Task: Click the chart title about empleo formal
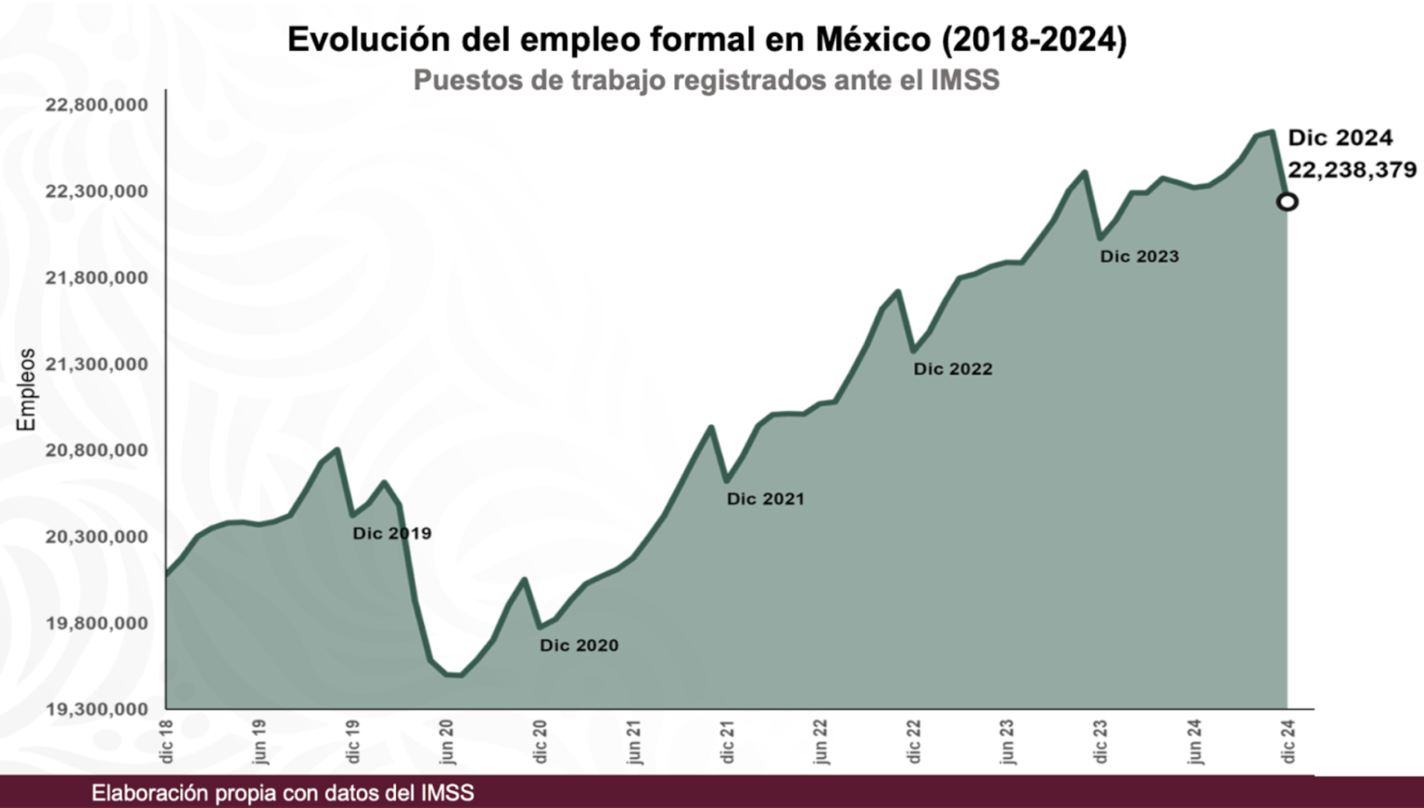coord(706,40)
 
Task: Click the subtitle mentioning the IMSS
coord(706,80)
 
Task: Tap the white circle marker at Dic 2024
coord(1287,201)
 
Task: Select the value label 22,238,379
coord(1352,170)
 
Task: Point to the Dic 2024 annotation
coord(1340,138)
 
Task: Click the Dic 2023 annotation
coord(1139,256)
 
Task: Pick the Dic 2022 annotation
coord(953,368)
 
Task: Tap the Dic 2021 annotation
coord(765,498)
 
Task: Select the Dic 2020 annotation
coord(578,645)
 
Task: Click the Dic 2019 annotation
coord(391,533)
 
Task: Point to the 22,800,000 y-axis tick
coord(96,105)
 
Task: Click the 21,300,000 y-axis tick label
coord(96,364)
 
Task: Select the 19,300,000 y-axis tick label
coord(96,709)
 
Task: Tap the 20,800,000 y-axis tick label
coord(96,450)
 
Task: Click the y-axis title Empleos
coord(27,390)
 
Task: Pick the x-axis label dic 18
coord(167,740)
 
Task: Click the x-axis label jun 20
coord(447,740)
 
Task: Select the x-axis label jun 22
coord(820,740)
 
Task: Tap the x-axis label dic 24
coord(1288,740)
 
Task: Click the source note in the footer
coord(283,793)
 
